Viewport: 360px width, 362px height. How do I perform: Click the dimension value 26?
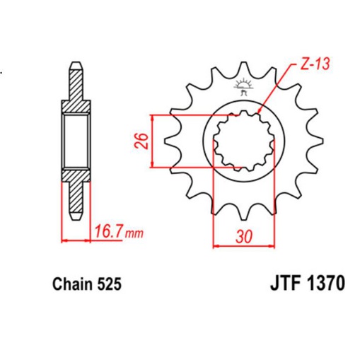(141, 141)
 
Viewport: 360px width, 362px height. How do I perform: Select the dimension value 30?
(243, 237)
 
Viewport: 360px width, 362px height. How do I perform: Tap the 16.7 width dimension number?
(106, 230)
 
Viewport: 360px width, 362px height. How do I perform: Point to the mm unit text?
(134, 232)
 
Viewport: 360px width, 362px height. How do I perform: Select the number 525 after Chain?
(110, 285)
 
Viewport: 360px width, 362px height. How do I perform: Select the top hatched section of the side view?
(76, 93)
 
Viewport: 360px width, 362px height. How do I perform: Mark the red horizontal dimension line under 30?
(243, 245)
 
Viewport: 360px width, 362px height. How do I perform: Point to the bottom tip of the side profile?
(76, 215)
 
